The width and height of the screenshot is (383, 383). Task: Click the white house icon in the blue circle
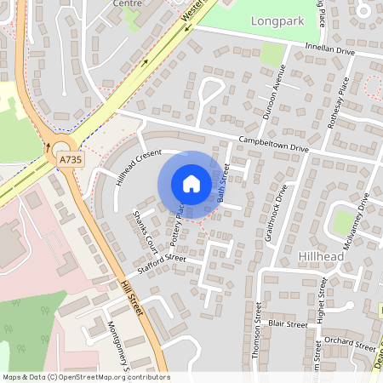191,183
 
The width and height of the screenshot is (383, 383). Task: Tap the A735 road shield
70,158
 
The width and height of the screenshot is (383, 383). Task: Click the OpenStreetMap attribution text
86,377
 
